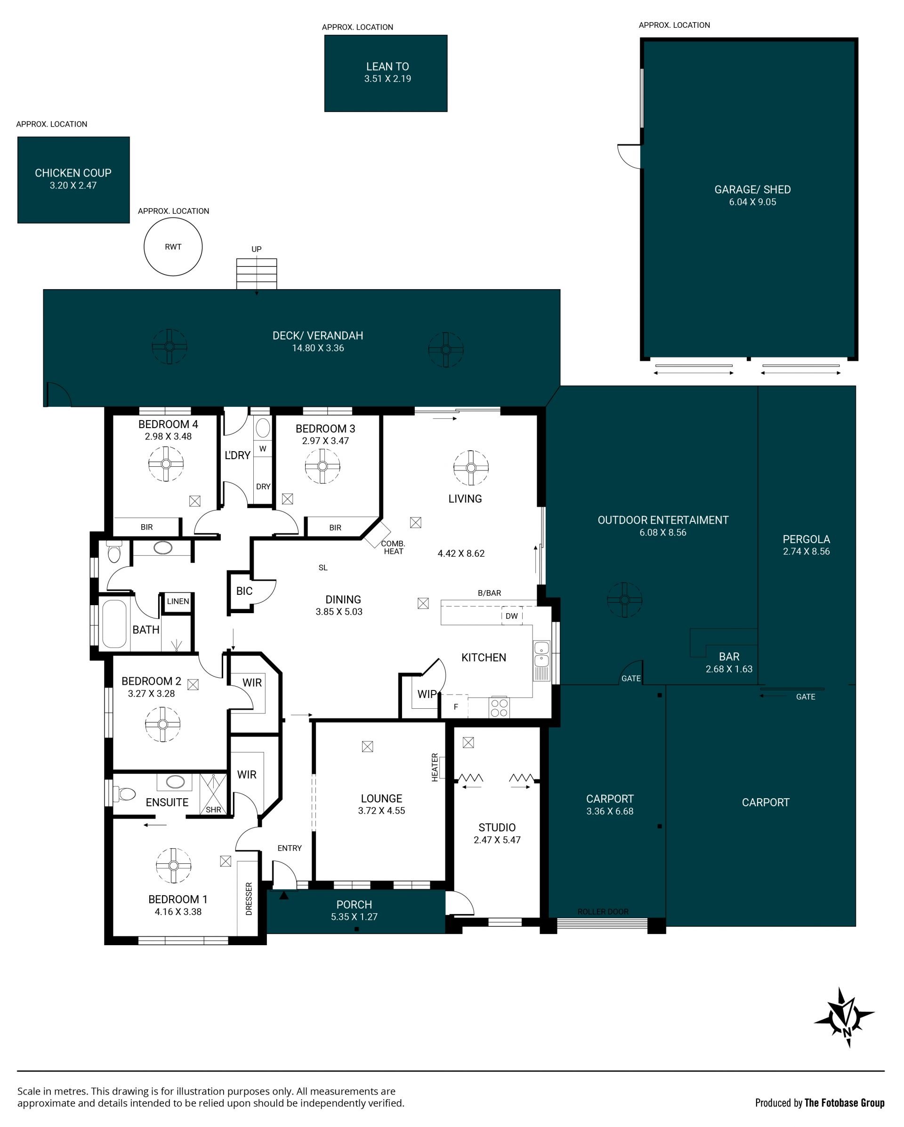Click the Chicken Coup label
(x=73, y=173)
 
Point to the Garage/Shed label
(x=752, y=190)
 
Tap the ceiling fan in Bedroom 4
(x=166, y=464)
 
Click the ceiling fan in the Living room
(x=471, y=468)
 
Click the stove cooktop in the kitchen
(x=499, y=708)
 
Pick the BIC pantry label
(x=244, y=591)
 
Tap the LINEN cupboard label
(x=178, y=601)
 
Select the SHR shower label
(x=213, y=810)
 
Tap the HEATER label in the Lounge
(x=435, y=767)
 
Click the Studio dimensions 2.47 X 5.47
(x=497, y=840)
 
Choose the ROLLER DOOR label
(x=603, y=912)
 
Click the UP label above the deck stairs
(x=257, y=249)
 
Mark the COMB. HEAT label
(x=393, y=547)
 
